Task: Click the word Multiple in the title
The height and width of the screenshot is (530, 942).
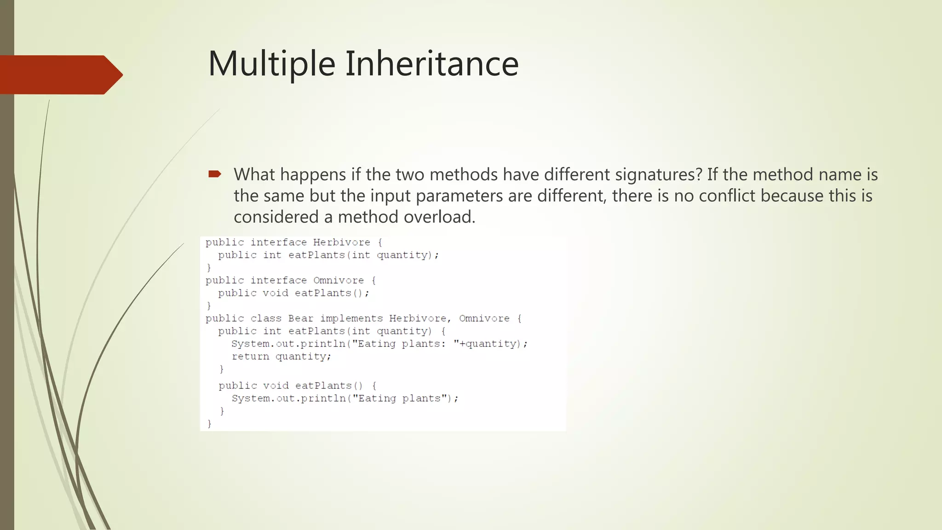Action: pos(271,64)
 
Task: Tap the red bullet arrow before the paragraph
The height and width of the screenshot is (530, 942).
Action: pos(215,174)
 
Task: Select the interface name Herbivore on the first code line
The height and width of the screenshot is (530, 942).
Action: pos(341,242)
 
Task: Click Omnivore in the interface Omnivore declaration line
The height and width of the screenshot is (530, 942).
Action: pos(338,281)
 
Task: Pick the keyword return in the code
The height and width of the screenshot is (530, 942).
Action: pos(250,357)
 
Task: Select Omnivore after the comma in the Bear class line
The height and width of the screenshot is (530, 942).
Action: pos(484,318)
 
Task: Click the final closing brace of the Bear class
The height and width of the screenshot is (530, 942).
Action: pos(209,424)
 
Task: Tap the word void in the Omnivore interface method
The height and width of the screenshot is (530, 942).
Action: pos(275,293)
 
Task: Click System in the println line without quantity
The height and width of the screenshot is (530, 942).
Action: pos(250,398)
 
